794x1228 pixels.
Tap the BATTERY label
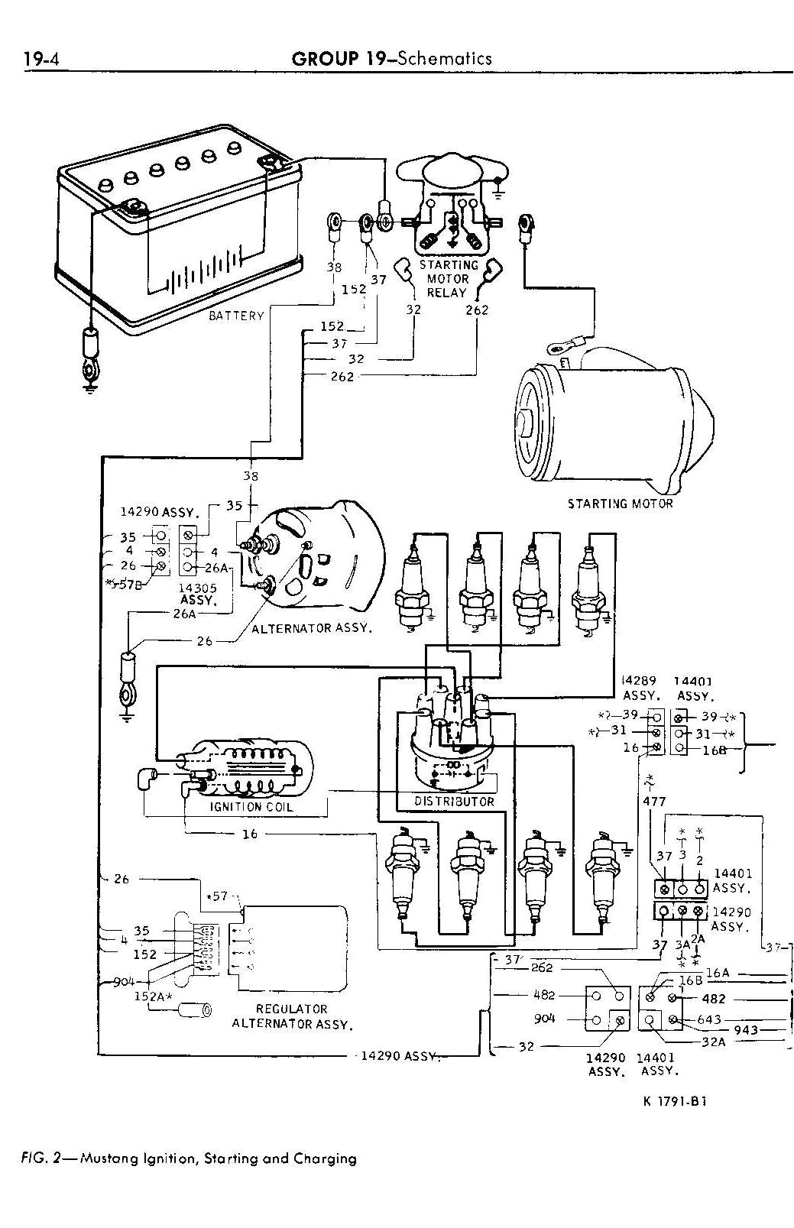coord(236,316)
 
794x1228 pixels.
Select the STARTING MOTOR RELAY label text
coord(448,278)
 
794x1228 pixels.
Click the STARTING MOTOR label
coord(620,504)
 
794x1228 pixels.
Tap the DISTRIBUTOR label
coord(454,802)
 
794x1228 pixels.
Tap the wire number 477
coord(654,802)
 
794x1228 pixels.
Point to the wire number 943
coord(746,1030)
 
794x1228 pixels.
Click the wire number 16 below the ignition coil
coord(250,834)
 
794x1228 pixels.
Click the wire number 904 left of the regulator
coord(123,982)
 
